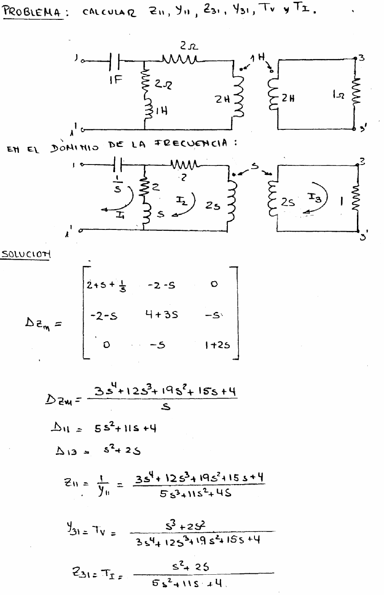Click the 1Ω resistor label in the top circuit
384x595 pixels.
click(337, 96)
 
